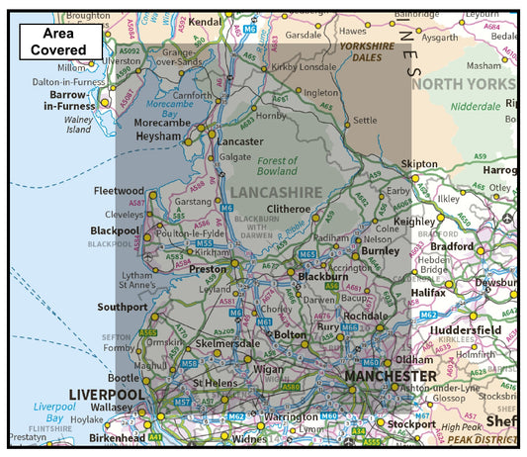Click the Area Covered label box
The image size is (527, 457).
(x=60, y=41)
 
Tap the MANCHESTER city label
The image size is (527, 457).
(x=390, y=377)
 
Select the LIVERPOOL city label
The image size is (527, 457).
(x=107, y=395)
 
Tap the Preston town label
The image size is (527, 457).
(x=209, y=268)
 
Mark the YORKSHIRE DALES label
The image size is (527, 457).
(x=374, y=51)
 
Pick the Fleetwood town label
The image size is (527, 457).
(x=119, y=190)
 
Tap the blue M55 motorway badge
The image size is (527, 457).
(x=205, y=242)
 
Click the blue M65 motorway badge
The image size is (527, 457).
(x=307, y=254)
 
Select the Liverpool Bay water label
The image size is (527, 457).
(x=54, y=411)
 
